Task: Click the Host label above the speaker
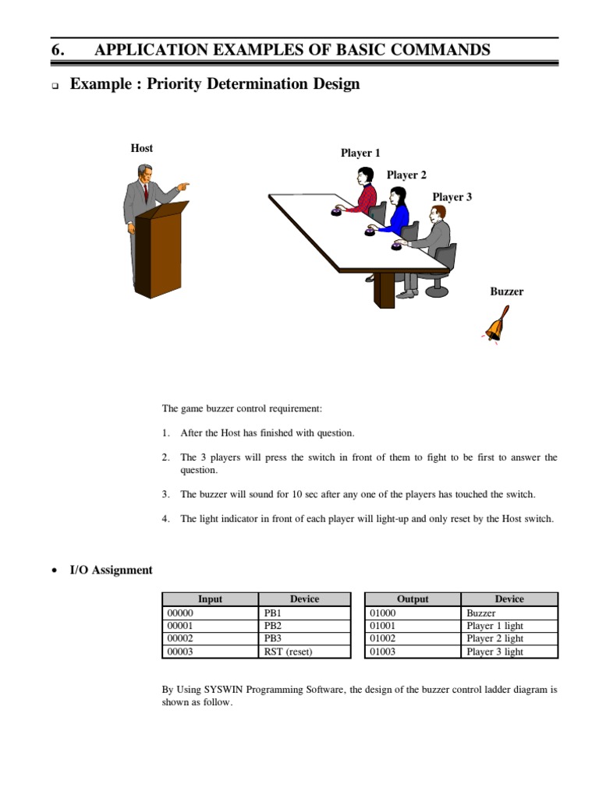tap(141, 148)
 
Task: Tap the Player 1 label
tap(360, 154)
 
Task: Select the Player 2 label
tap(406, 175)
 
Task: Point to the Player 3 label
tap(452, 197)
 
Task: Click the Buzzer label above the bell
tap(506, 291)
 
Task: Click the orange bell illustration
tap(495, 326)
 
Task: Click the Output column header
tap(413, 599)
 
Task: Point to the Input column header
tap(210, 599)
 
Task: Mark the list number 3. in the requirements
tap(166, 495)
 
